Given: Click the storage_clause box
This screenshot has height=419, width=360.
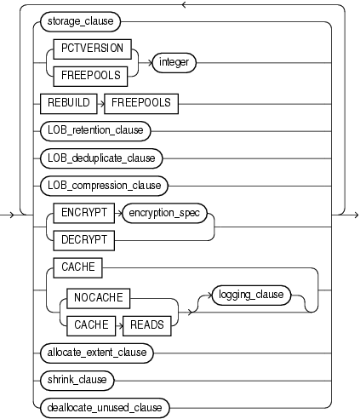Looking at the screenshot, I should (x=83, y=39).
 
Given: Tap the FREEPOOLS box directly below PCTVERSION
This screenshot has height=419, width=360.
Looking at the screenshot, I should (x=90, y=73).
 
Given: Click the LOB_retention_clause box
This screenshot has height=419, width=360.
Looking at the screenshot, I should (x=95, y=131).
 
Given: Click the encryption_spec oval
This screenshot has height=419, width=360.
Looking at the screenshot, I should (x=165, y=214).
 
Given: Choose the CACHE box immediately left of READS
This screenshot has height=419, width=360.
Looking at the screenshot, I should (x=93, y=324).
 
